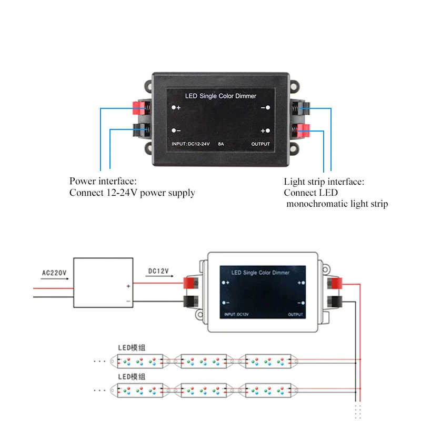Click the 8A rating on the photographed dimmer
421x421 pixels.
tap(221, 144)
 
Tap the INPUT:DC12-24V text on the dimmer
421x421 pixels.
tap(191, 144)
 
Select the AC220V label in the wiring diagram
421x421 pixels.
tap(55, 273)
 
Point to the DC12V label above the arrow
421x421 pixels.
tap(158, 271)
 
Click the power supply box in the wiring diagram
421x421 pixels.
tap(103, 283)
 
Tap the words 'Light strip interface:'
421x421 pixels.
tap(324, 182)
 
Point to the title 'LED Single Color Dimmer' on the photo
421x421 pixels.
tap(220, 96)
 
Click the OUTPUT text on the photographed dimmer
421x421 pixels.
tap(260, 144)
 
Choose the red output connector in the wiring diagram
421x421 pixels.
tap(335, 284)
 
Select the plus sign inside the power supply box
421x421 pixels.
tap(128, 287)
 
